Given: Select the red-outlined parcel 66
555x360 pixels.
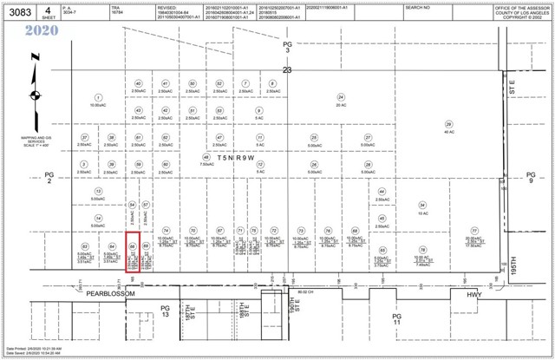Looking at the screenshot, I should [x=133, y=252].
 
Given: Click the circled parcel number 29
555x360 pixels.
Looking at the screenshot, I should [x=448, y=123].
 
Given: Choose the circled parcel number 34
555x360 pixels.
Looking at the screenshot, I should [x=422, y=205].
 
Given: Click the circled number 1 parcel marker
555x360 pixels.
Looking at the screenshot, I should [x=98, y=97].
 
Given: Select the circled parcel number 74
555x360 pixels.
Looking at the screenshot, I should [x=166, y=231].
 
